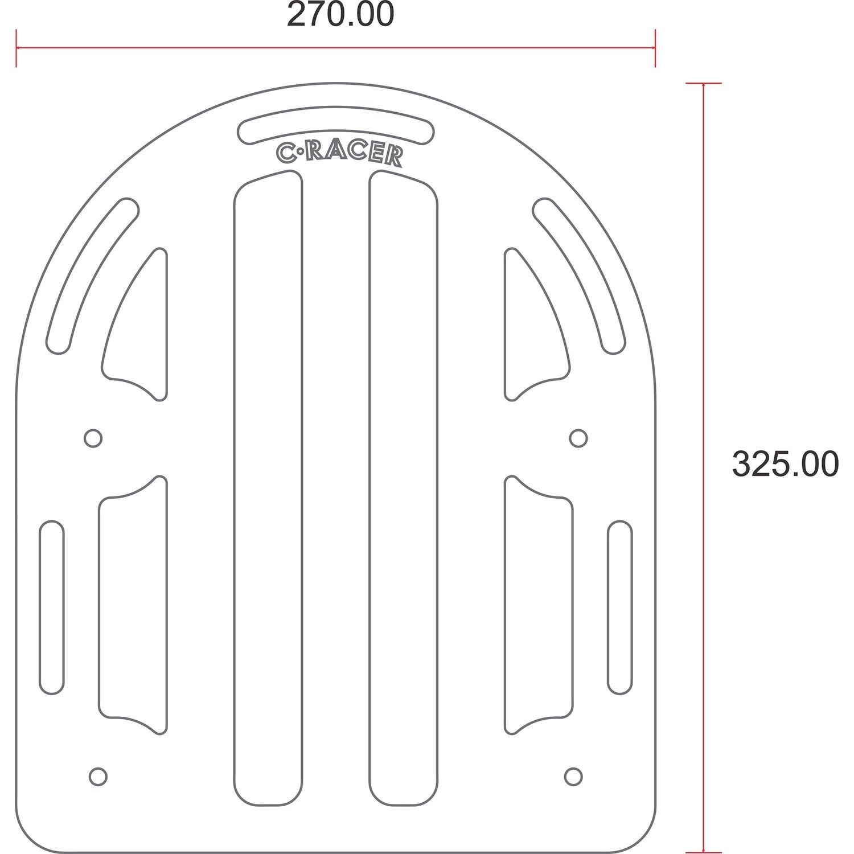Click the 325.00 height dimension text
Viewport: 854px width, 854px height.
click(785, 463)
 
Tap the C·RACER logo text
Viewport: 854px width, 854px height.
click(339, 154)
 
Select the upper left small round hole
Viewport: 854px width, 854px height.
click(93, 438)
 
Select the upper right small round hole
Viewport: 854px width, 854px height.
click(578, 438)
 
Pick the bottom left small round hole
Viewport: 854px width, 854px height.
click(98, 776)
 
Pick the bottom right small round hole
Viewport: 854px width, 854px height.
click(573, 776)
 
